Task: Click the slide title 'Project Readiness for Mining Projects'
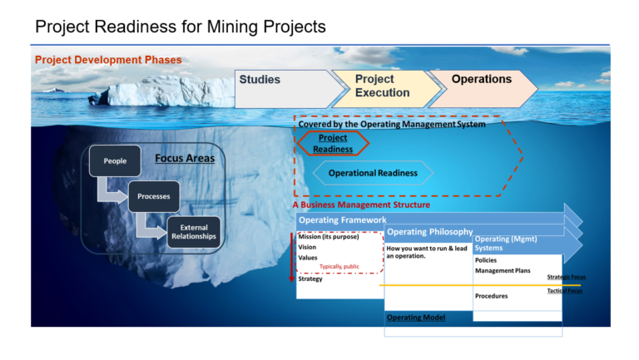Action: pos(181,27)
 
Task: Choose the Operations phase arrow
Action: pos(481,86)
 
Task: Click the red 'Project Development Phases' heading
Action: pos(108,60)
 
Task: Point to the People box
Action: pos(115,160)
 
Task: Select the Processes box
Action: pos(153,196)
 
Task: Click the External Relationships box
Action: pos(194,232)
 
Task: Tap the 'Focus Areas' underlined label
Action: pos(185,158)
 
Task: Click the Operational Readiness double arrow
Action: pos(374,173)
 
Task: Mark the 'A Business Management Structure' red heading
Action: pos(362,205)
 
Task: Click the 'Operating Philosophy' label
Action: pos(430,232)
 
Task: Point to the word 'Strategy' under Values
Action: pos(310,279)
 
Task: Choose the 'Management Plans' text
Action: pos(503,270)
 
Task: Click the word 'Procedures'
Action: pos(492,296)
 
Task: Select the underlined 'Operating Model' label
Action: pos(416,318)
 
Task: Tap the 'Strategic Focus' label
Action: pos(566,277)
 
